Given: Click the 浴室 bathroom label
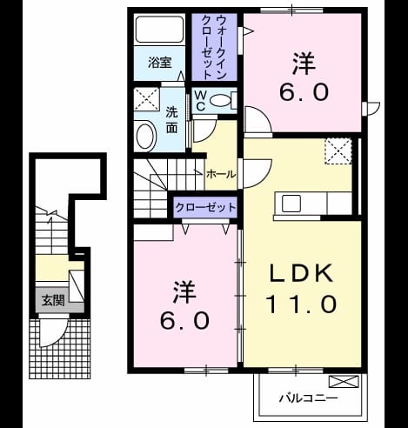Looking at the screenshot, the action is tap(160, 63).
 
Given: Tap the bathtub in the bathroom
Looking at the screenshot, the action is tap(159, 30).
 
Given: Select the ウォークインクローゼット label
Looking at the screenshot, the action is tap(214, 48).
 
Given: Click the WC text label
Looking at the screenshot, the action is tap(200, 101).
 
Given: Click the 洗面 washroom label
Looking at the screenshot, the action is tap(171, 120).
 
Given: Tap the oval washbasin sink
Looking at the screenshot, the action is tap(146, 137).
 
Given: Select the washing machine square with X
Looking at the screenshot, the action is tap(147, 99).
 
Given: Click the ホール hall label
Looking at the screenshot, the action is tap(221, 174).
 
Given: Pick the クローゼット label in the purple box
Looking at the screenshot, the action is tap(205, 207).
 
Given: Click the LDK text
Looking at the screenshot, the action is tap(302, 273).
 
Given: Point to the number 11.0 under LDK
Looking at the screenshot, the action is tap(302, 304).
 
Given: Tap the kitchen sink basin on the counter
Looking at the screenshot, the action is tap(291, 204).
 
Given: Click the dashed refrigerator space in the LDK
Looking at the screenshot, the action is tap(338, 151).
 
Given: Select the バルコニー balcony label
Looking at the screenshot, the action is tap(308, 398).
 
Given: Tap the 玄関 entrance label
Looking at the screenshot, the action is tap(53, 301).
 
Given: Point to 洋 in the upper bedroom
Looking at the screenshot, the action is tap(304, 63).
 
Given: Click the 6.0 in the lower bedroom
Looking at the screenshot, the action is tap(184, 321).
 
